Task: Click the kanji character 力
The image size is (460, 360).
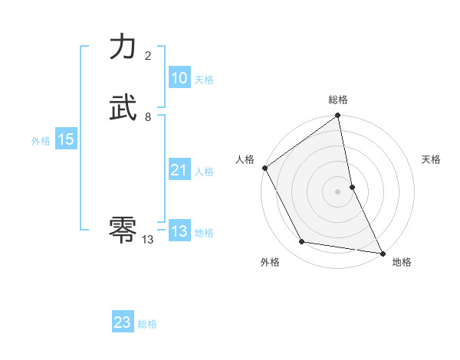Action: [123, 47]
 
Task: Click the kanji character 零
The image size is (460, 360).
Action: [123, 228]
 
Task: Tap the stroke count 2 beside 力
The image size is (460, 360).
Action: [148, 56]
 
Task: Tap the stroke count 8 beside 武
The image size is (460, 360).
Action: [148, 117]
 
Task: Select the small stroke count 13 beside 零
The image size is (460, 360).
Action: [148, 240]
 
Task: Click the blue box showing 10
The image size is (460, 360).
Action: [179, 78]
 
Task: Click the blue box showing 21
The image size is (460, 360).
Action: [179, 171]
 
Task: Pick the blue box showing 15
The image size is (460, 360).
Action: [65, 139]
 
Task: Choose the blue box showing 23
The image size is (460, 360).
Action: [123, 322]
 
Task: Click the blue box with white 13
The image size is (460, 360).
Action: [179, 231]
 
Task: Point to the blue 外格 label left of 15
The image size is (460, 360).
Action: [41, 140]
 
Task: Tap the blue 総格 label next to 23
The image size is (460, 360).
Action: [147, 324]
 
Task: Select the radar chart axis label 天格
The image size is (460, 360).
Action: [431, 159]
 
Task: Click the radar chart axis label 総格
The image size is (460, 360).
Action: [338, 100]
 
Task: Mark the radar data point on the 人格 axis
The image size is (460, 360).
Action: [264, 168]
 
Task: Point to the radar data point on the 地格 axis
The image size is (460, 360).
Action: [382, 252]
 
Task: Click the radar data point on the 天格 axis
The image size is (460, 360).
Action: [352, 187]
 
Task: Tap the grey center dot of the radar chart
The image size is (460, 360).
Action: [337, 191]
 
